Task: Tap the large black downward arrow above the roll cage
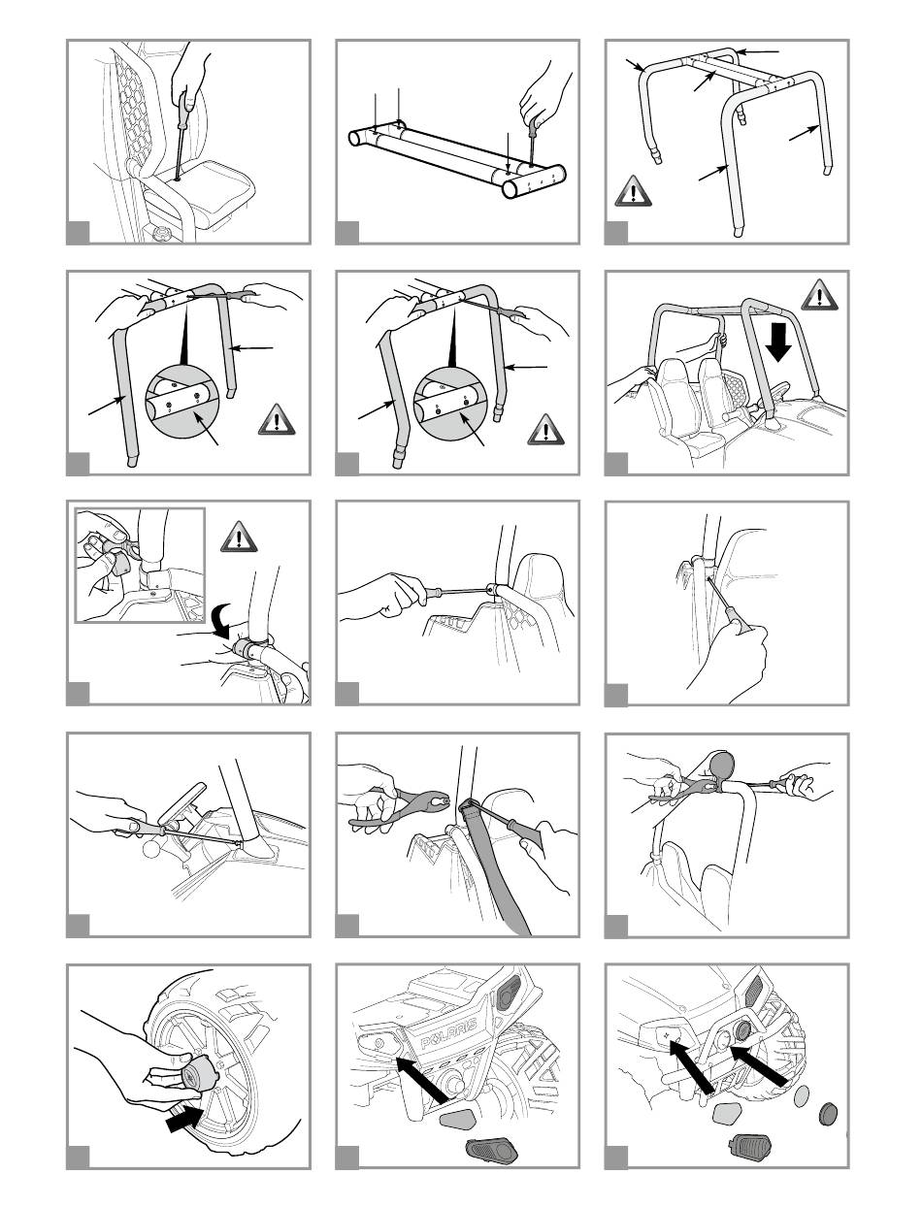click(x=779, y=343)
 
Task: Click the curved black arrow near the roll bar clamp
click(x=223, y=620)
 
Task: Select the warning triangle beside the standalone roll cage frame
click(x=634, y=191)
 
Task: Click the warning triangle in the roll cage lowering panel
click(x=820, y=295)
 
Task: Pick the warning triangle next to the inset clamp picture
click(x=239, y=537)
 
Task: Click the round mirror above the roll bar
click(x=722, y=765)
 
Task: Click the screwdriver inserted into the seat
click(x=181, y=136)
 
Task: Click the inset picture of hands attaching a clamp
click(x=140, y=566)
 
